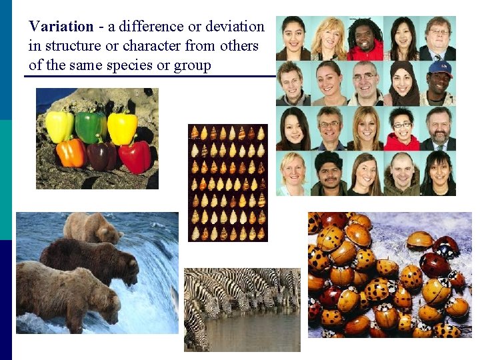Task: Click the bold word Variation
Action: pyautogui.click(x=61, y=27)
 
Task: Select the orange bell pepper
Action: pyautogui.click(x=71, y=152)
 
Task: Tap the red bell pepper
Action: pyautogui.click(x=135, y=155)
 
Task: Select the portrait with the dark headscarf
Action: pyautogui.click(x=402, y=83)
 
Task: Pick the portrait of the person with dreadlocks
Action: pyautogui.click(x=365, y=38)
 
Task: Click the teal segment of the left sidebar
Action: pyautogui.click(x=5, y=180)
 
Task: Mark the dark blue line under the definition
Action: pyautogui.click(x=150, y=76)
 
